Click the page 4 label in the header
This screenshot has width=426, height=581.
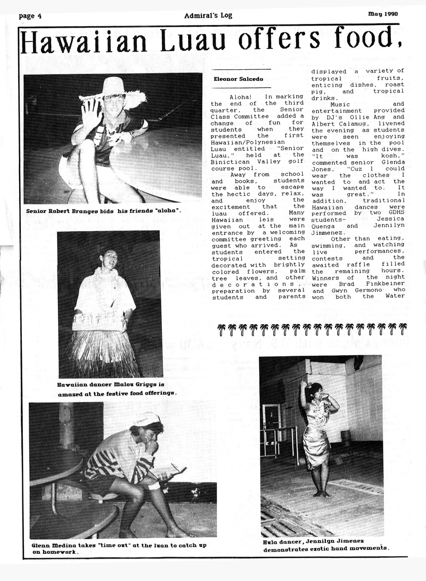[x=30, y=16]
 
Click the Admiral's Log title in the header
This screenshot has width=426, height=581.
[x=212, y=15]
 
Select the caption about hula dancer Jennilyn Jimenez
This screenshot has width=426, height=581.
[x=326, y=544]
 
